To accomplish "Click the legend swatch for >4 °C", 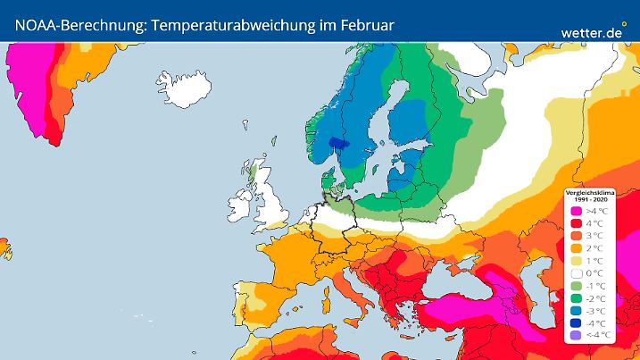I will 576,211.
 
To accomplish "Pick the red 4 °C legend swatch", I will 576,223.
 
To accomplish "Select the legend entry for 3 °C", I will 576,236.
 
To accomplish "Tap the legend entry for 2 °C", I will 576,248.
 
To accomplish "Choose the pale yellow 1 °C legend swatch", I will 576,261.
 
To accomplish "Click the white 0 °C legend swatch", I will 576,273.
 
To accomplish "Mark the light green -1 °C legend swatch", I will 576,286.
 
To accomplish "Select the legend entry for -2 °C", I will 576,298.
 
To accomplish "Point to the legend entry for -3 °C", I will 576,311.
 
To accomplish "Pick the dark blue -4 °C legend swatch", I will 576,323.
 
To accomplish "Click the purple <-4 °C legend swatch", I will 576,335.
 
